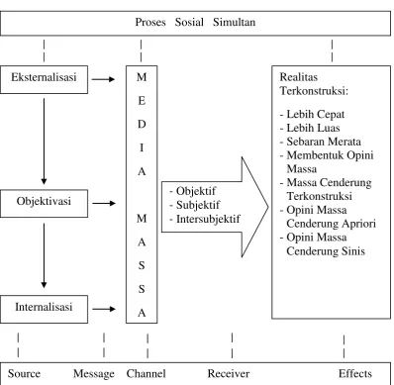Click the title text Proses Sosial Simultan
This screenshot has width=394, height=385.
195,22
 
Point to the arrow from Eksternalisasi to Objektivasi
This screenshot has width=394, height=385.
44,142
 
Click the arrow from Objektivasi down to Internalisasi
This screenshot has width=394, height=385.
44,255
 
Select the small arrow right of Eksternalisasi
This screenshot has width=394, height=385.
103,79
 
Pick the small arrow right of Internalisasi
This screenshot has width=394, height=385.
104,309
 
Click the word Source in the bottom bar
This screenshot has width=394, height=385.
24,373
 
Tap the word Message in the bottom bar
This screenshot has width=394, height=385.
94,374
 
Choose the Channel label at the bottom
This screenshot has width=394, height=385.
146,373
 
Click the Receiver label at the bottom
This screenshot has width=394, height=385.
229,373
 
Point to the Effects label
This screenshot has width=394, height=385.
355,373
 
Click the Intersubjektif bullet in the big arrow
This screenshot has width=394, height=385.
205,219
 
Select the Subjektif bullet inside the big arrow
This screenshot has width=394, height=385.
194,205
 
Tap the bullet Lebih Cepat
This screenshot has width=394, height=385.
312,114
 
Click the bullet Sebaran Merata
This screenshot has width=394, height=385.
320,142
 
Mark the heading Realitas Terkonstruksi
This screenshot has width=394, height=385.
314,84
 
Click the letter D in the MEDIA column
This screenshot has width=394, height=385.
142,125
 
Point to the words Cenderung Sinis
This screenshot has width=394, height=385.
326,251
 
